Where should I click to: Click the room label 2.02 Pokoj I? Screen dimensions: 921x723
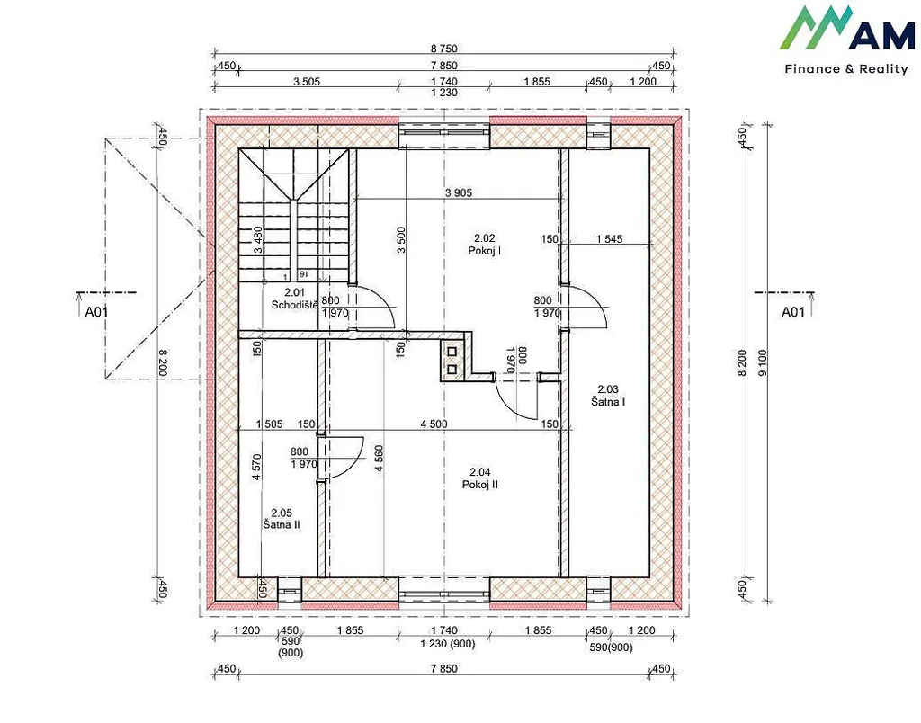[485, 245]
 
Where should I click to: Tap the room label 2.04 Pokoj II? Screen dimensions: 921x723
[480, 478]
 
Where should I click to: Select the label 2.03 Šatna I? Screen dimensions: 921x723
[608, 396]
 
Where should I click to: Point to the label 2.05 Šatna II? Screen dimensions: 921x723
[282, 519]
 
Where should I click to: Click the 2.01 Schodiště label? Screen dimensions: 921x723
[295, 299]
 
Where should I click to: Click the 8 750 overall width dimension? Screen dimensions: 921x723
[444, 49]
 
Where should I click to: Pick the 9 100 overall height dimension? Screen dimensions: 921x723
[763, 363]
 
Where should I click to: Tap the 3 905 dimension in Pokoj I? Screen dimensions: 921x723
[458, 192]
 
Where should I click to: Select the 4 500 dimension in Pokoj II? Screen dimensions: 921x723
[434, 424]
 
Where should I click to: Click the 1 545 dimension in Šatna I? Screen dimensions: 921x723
[609, 239]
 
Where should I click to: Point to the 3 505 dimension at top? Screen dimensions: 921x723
[307, 82]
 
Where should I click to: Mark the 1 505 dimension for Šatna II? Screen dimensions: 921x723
[270, 424]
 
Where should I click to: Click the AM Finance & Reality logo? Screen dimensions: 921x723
[847, 40]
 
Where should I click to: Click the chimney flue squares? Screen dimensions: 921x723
[452, 361]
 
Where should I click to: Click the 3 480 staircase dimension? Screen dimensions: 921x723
[257, 239]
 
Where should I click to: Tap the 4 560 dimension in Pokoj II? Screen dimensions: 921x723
[379, 459]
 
